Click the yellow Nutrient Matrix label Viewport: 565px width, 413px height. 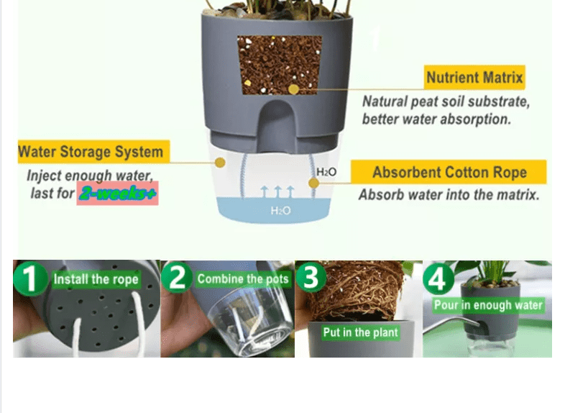(474, 77)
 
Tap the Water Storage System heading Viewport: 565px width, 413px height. (93, 152)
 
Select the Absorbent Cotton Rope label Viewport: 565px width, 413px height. (449, 172)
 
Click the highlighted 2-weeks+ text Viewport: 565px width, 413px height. (117, 194)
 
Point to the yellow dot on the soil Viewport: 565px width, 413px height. (294, 89)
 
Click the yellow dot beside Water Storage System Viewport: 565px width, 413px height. (220, 163)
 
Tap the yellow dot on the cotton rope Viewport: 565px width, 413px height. (313, 183)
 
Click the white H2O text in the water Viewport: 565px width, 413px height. (280, 210)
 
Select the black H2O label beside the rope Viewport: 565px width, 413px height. (326, 172)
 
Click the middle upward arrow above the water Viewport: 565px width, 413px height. (277, 192)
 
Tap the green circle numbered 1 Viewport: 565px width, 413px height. (30, 278)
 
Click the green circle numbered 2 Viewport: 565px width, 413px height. (178, 278)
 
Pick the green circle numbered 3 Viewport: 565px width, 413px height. (311, 277)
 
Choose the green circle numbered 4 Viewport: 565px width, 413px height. (438, 278)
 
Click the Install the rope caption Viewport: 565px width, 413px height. (96, 279)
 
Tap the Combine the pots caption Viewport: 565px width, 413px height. (243, 279)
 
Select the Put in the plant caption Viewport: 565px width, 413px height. (360, 332)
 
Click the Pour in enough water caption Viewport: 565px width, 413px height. (488, 305)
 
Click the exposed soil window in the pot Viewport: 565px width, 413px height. (280, 65)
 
